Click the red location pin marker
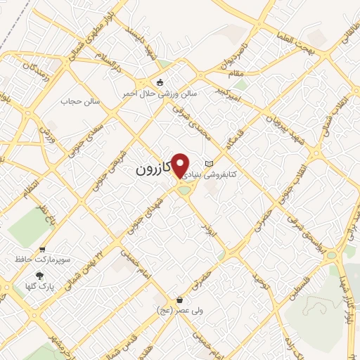(181, 165)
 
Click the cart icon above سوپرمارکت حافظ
(43, 250)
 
